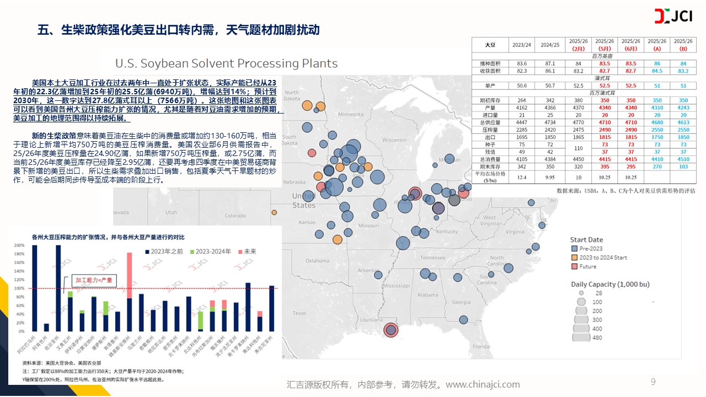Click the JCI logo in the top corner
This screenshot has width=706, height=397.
point(672,17)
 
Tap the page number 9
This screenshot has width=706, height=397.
point(653,382)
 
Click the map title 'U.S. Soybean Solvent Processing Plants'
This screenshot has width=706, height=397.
point(226,63)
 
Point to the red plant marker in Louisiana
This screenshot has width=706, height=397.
point(391,330)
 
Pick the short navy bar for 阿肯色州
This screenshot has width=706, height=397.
point(46,327)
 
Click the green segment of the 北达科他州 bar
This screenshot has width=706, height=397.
point(200,320)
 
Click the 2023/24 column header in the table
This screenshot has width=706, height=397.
point(522,45)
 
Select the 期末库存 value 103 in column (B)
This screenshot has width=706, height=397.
point(683,167)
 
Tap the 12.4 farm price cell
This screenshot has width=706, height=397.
point(522,177)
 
